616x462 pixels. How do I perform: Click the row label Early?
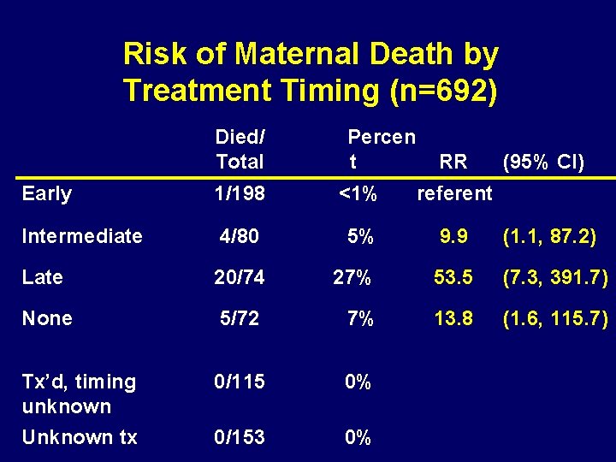(47, 194)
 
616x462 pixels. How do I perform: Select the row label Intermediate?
(82, 236)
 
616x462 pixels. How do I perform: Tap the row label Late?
(43, 277)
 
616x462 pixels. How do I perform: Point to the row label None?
(47, 318)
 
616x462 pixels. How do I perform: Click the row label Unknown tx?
(80, 437)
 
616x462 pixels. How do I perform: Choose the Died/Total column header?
(240, 149)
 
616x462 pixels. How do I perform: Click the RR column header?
(453, 162)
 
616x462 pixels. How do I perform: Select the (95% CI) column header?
(544, 162)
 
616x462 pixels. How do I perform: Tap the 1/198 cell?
(240, 194)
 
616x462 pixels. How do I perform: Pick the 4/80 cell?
(240, 236)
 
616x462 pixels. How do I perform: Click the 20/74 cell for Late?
(240, 277)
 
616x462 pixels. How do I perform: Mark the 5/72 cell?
(240, 318)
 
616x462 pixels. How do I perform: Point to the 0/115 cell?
(240, 382)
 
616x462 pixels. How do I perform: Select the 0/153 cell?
(240, 437)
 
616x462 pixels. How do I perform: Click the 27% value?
(352, 277)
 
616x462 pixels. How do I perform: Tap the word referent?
(454, 194)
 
